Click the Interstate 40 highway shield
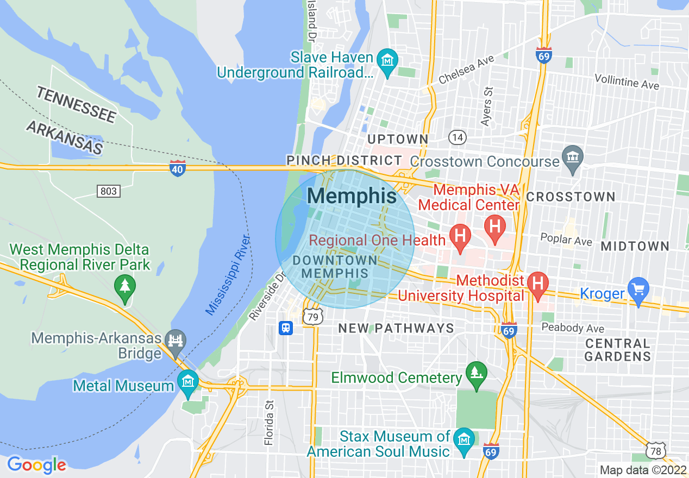pyautogui.click(x=177, y=168)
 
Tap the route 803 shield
pyautogui.click(x=109, y=191)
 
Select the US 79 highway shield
pyautogui.click(x=313, y=316)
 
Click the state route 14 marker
pyautogui.click(x=458, y=137)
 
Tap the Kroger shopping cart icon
pyautogui.click(x=638, y=290)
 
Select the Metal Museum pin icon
pyautogui.click(x=188, y=383)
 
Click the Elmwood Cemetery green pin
pyautogui.click(x=477, y=375)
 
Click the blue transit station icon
pyautogui.click(x=286, y=328)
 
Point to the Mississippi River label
pyautogui.click(x=228, y=276)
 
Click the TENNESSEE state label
pyautogui.click(x=77, y=104)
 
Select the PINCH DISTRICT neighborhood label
pyautogui.click(x=344, y=160)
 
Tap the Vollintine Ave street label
pyautogui.click(x=627, y=81)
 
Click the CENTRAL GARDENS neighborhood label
pyautogui.click(x=618, y=350)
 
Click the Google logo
pyautogui.click(x=36, y=465)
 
